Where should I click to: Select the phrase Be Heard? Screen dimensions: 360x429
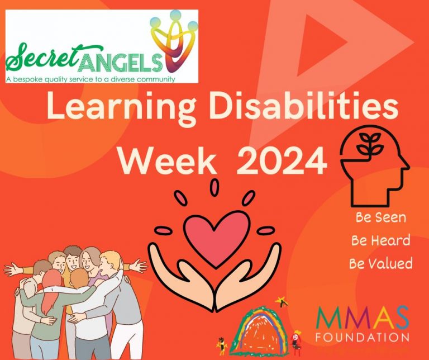click(x=380, y=240)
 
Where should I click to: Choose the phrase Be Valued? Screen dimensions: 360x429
click(x=380, y=263)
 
